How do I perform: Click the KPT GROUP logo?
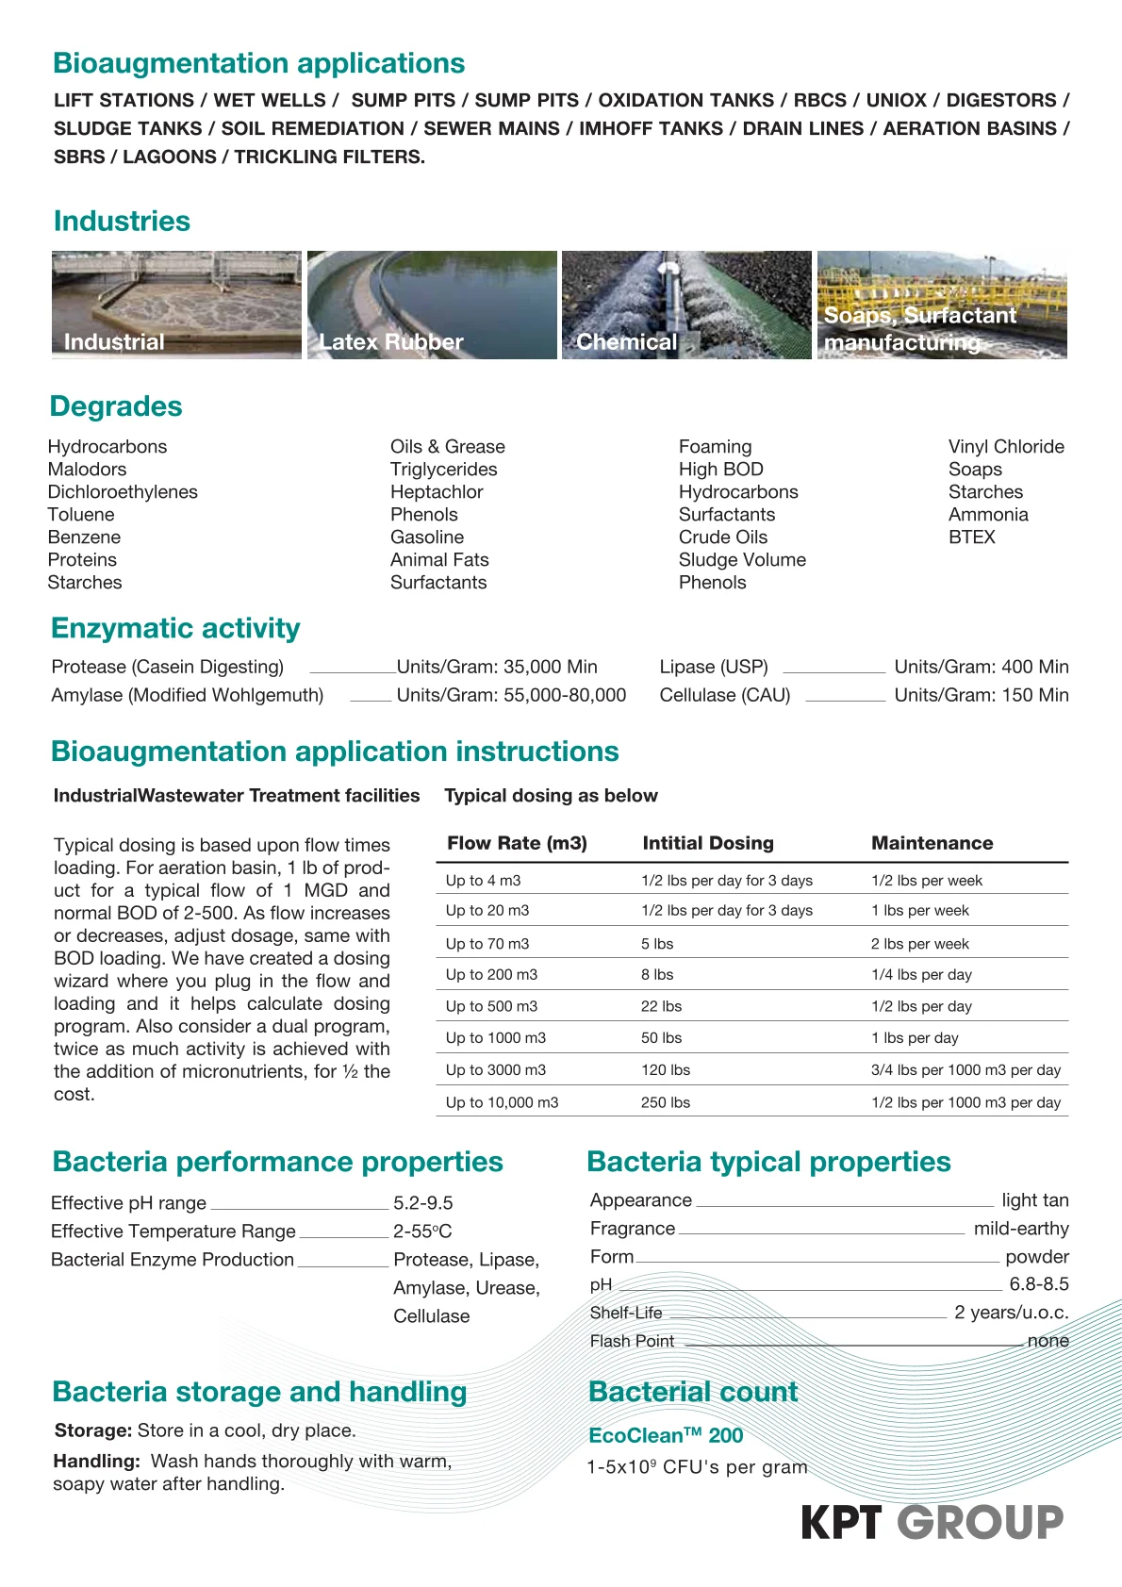(x=932, y=1522)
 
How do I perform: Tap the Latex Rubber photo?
(x=432, y=305)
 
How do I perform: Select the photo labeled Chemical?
(x=686, y=305)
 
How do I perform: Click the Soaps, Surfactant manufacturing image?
(x=942, y=305)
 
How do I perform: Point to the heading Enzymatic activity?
(x=175, y=628)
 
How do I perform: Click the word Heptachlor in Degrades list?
(x=437, y=492)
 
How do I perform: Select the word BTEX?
(x=971, y=537)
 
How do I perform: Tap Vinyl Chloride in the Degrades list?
(x=1005, y=447)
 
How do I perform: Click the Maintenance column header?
(x=932, y=843)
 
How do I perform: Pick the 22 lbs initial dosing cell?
(x=661, y=1006)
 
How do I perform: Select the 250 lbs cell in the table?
(x=665, y=1102)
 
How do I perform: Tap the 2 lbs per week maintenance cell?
(x=919, y=944)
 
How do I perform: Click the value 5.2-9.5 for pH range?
(x=422, y=1203)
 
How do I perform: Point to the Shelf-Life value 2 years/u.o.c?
(x=1011, y=1313)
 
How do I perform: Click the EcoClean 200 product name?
(x=666, y=1435)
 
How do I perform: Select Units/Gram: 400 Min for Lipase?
(x=981, y=667)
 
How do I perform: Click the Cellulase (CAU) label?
(x=724, y=695)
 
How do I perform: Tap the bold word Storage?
(x=92, y=1430)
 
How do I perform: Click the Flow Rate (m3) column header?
(x=517, y=843)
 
